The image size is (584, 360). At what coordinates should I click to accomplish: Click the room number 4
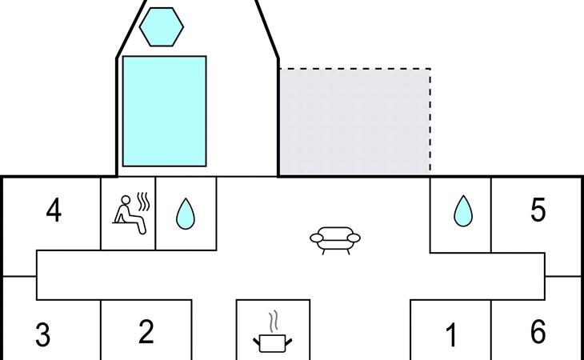click(54, 213)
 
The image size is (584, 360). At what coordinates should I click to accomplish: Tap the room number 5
click(538, 210)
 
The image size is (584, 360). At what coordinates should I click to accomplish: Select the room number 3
click(42, 335)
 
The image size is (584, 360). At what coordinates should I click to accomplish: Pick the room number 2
click(146, 331)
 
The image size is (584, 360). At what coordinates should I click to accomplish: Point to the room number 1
click(450, 335)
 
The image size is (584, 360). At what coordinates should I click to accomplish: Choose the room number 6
click(538, 331)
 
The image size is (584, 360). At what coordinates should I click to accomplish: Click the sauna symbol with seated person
click(129, 214)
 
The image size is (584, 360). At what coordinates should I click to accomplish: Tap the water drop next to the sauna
click(186, 214)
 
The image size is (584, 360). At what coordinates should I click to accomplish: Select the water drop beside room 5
click(462, 211)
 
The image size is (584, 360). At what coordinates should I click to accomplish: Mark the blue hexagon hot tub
click(162, 27)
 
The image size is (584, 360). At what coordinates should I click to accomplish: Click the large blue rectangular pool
click(164, 110)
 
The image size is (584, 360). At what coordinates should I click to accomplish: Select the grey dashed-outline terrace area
click(354, 121)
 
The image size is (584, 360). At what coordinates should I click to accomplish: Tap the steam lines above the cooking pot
click(274, 321)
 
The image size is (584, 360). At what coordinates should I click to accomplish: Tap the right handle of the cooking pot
click(290, 341)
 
